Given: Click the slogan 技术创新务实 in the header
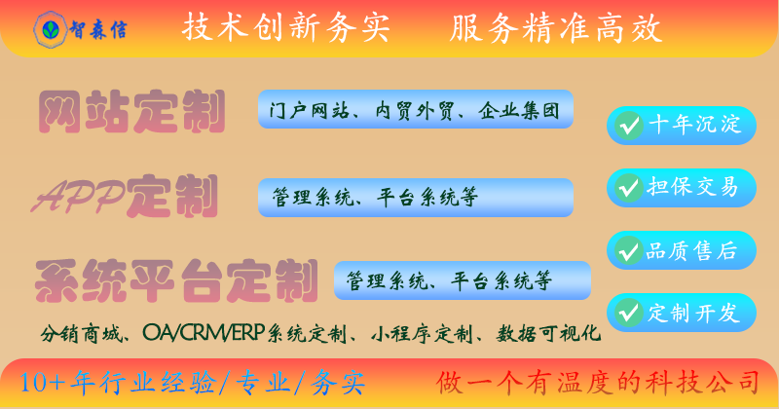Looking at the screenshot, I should pos(285,29).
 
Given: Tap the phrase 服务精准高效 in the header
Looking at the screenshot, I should pos(556,29).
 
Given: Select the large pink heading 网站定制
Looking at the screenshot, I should pos(131,112).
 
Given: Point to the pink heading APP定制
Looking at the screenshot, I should pos(125,197).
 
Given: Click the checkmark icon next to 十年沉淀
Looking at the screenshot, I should pos(629,126).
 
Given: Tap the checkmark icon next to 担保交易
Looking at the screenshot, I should pos(629,186).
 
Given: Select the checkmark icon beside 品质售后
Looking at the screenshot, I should pos(629,251).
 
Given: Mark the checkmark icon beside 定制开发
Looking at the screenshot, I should pos(629,313).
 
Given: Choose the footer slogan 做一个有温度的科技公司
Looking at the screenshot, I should pos(597,381).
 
